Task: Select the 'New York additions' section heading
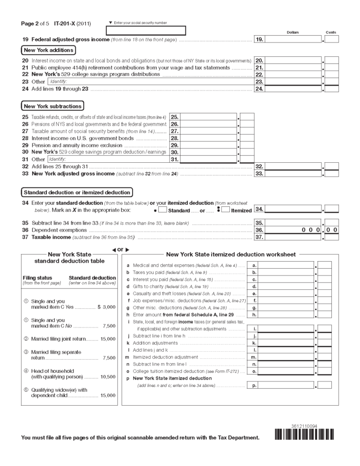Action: [x=48, y=50]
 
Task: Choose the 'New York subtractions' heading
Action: [x=52, y=106]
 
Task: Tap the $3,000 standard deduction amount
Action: [x=106, y=307]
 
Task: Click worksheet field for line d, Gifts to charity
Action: [x=286, y=286]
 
